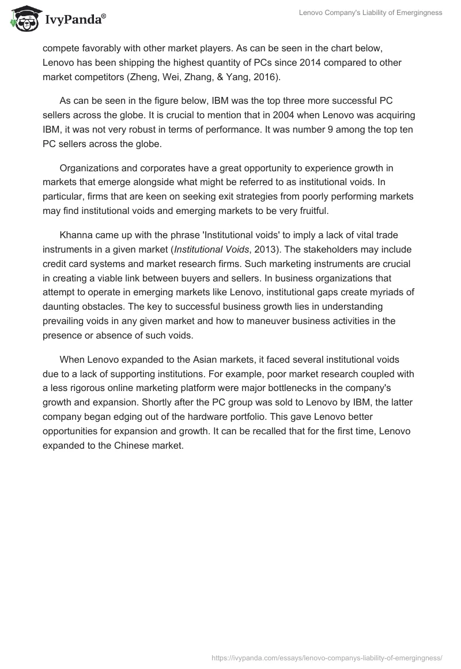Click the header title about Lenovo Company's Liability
[x=371, y=13]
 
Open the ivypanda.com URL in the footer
[x=327, y=657]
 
